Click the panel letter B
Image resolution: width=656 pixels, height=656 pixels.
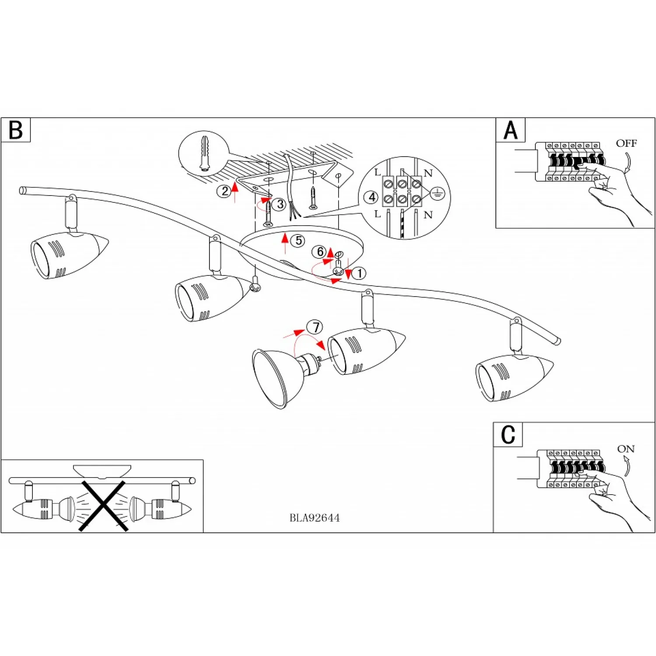point(16,130)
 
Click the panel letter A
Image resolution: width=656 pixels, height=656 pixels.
point(510,130)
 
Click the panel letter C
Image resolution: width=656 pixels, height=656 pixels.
point(508,435)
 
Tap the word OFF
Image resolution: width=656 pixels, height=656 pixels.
point(626,143)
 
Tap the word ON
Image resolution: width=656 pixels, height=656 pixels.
point(626,449)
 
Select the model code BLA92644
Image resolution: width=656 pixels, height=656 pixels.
point(314,518)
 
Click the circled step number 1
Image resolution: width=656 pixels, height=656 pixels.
point(359,274)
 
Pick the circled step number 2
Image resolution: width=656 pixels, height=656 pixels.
point(225,191)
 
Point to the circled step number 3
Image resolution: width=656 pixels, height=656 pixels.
point(280,204)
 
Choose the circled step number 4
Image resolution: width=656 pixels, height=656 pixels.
point(372,197)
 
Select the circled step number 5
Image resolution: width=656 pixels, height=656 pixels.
point(299,241)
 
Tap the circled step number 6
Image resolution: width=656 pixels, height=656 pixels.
point(320,252)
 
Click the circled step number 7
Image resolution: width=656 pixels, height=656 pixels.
point(316,327)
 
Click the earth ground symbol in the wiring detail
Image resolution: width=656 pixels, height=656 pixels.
point(437,193)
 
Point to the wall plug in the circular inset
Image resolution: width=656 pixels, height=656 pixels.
point(205,153)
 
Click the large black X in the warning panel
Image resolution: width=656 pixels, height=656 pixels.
point(104,506)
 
